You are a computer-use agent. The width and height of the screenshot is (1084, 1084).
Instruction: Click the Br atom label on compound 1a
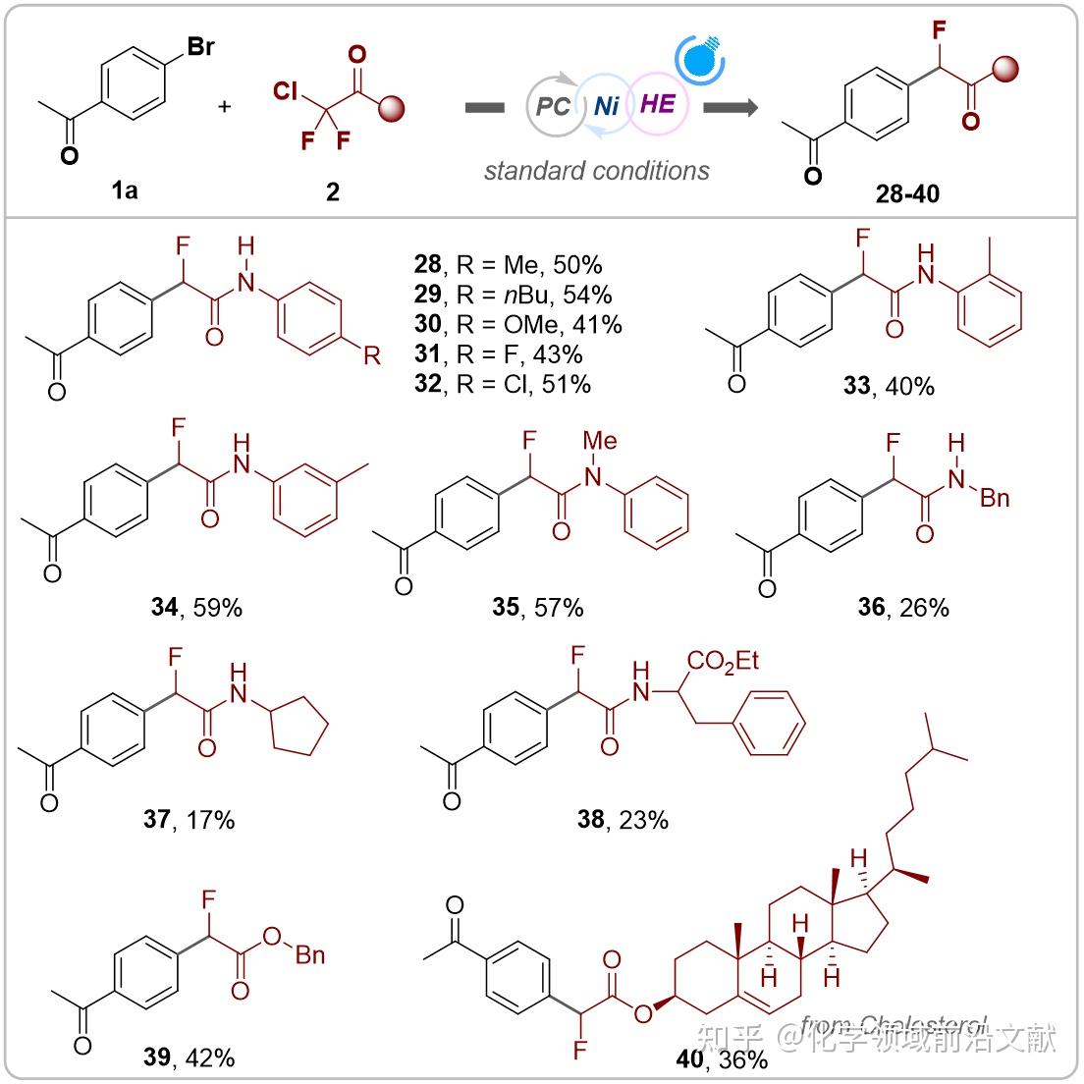199,45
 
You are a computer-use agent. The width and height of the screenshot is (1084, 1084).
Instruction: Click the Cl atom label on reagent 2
286,92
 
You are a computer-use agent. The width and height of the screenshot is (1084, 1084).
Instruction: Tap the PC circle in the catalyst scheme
553,105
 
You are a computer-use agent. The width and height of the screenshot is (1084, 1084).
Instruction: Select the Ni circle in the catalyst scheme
607,105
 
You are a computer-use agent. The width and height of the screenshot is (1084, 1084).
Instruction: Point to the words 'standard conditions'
596,171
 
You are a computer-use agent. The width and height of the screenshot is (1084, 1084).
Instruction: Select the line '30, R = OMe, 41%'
517,323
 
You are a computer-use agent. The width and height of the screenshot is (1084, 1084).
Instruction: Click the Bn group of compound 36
994,498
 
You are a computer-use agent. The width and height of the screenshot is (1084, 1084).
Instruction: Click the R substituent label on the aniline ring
371,354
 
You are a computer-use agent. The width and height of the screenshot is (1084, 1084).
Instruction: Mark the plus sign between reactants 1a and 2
225,105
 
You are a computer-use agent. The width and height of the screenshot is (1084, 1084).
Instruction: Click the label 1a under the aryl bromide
125,190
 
